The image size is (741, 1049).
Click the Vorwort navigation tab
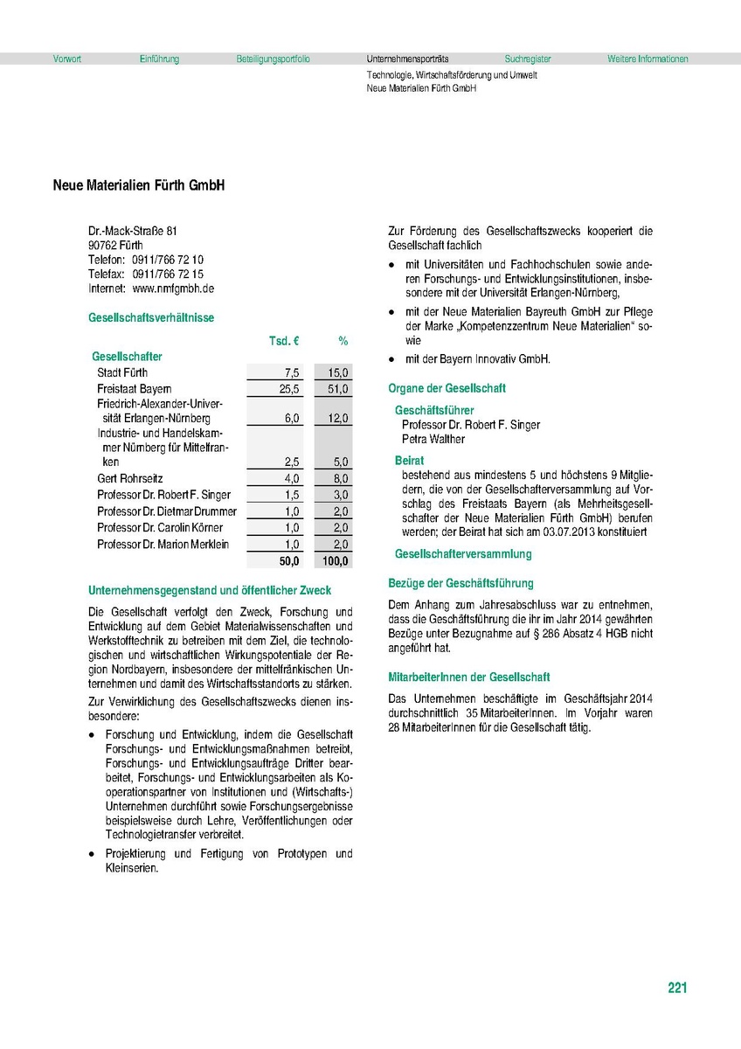click(x=67, y=59)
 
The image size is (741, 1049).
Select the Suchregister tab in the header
click(x=528, y=59)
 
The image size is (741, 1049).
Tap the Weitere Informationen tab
click(x=648, y=59)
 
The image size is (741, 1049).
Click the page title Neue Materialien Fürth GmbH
click(x=139, y=186)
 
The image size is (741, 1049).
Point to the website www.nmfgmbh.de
click(x=173, y=288)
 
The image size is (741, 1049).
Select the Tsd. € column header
click(x=283, y=340)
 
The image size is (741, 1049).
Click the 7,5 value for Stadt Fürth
click(x=292, y=372)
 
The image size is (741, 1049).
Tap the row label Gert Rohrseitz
click(x=130, y=479)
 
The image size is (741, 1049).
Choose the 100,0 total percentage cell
click(x=335, y=561)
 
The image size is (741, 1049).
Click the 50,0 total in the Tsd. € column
click(x=288, y=561)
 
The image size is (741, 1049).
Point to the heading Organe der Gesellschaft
click(x=447, y=388)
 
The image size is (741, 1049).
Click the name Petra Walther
click(x=433, y=439)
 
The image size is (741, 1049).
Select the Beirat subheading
click(x=409, y=460)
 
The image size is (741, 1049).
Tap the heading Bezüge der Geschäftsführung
click(x=461, y=583)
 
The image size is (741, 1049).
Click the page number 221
click(x=677, y=988)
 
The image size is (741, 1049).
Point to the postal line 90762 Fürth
click(x=115, y=246)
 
